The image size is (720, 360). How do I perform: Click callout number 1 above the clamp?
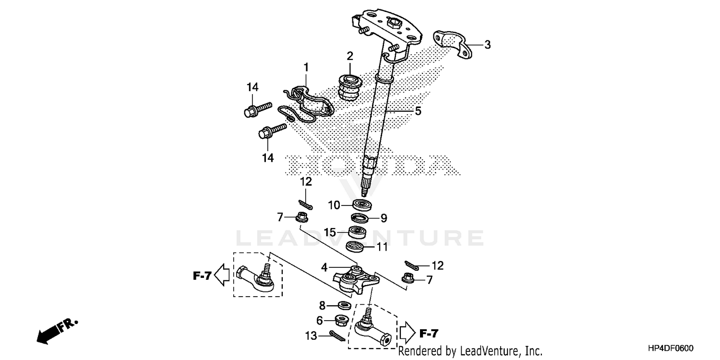pos(306,67)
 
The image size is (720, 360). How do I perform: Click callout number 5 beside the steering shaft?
pos(418,111)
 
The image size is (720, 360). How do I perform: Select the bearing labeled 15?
pos(358,233)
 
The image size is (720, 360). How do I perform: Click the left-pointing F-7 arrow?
pos(221,276)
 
